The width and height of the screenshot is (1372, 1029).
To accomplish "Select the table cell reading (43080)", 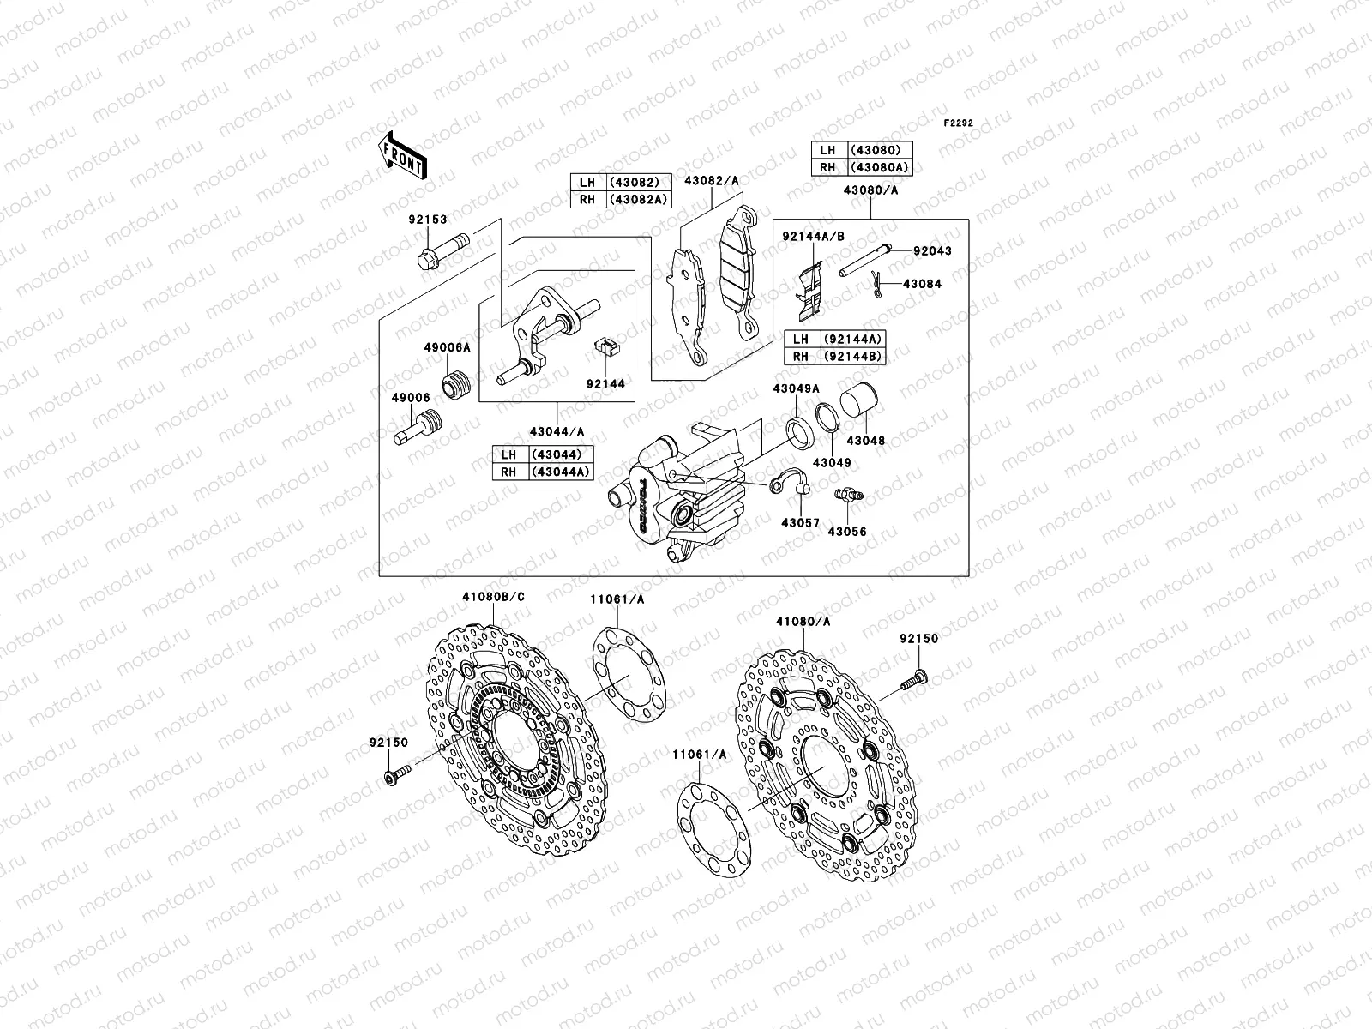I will (x=880, y=149).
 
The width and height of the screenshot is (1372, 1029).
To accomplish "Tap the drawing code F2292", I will (x=959, y=123).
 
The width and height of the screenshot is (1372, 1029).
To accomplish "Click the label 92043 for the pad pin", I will (x=931, y=251).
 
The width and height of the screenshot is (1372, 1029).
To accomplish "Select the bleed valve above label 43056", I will (x=847, y=496).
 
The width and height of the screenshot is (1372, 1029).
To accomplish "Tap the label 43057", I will (x=800, y=522).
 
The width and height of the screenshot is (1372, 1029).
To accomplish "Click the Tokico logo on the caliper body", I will (x=639, y=507).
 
